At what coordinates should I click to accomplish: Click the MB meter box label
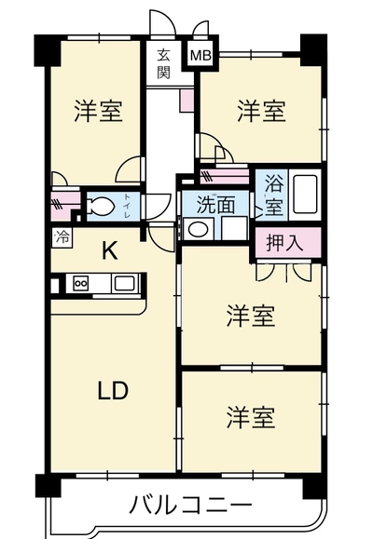pos(200,55)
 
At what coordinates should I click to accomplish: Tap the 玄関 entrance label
pos(163,63)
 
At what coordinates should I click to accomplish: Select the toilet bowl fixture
pos(100,207)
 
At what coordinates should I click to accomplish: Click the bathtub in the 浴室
pos(305,195)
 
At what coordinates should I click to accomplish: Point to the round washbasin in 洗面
pos(198,229)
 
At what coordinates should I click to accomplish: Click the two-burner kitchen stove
pos(81,284)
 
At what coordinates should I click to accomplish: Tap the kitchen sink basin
pos(125,284)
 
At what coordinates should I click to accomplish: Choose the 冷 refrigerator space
pos(62,237)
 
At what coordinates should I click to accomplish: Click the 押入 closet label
pos(285,243)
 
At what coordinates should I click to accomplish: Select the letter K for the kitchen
pos(110,250)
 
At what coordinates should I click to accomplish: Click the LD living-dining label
pos(113,391)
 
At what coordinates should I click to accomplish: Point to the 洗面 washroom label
pos(215,205)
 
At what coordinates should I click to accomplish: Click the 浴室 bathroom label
pos(274,195)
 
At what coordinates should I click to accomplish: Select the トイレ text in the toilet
pos(127,206)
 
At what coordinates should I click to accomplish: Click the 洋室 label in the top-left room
pos(98,111)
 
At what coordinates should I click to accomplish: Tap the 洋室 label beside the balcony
pos(251,417)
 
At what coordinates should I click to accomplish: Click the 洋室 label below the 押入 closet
pos(251,316)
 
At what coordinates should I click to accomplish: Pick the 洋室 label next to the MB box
pos(261,111)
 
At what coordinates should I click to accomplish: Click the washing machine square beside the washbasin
pos(234,228)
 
